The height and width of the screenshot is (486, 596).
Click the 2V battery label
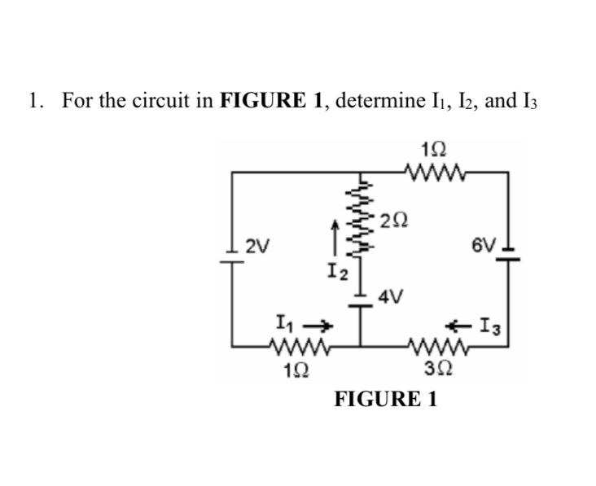261,244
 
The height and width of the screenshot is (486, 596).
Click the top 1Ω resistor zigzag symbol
437,172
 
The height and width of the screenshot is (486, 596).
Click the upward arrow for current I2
332,235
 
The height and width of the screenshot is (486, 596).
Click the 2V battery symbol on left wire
234,248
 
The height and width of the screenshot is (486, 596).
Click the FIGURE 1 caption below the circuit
386,400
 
